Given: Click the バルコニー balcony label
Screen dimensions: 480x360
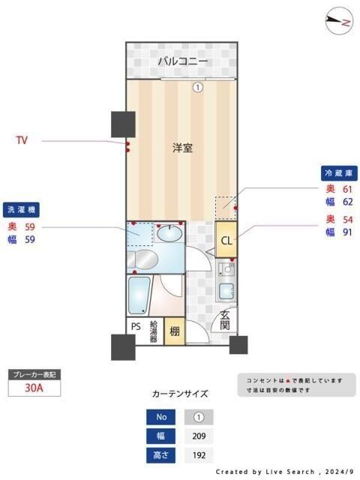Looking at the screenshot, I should tap(182, 61).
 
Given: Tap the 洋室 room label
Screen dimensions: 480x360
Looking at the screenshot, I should tap(182, 148).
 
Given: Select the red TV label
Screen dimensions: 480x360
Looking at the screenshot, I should tap(23, 140).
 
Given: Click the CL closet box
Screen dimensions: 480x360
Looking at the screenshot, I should tap(226, 241).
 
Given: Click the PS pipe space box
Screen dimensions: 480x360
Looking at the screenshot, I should tap(136, 327).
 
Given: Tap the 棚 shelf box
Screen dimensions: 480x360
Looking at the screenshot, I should tap(173, 331).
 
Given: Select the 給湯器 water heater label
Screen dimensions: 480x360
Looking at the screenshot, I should tap(154, 331).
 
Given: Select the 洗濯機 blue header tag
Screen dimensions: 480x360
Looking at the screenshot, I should tap(23, 209).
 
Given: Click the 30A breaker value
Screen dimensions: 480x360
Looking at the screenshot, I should tap(33, 388).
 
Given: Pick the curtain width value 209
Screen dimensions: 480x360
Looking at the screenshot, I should tap(199, 436).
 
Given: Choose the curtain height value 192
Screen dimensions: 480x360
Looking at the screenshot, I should tap(199, 454).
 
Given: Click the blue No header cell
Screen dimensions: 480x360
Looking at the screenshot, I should tap(160, 417).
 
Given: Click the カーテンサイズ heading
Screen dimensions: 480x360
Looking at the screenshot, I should tap(180, 394).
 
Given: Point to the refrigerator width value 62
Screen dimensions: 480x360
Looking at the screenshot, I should tap(347, 202).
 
